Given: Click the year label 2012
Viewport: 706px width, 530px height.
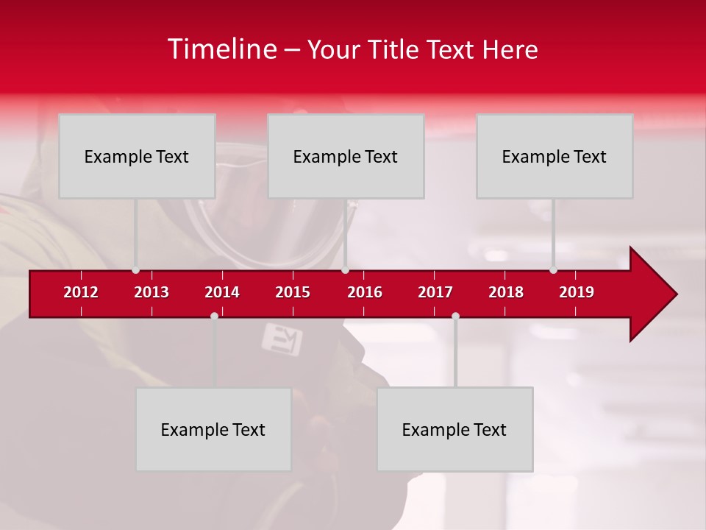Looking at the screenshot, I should (x=81, y=292).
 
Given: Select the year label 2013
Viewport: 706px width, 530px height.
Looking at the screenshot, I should (x=151, y=292).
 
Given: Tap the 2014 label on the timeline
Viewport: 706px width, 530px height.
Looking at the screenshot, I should (x=222, y=292).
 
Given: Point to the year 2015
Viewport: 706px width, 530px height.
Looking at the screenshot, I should (x=293, y=292).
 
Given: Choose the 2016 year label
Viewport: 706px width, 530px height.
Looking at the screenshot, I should (x=365, y=292).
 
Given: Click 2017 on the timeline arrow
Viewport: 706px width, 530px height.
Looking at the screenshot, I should (x=435, y=292).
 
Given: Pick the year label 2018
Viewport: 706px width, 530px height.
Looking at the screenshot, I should (x=506, y=292).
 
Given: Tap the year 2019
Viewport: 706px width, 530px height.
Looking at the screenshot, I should (x=577, y=292).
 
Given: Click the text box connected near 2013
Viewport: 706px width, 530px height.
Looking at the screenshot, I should (x=137, y=156).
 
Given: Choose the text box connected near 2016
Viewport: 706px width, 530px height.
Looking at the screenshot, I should (x=346, y=156).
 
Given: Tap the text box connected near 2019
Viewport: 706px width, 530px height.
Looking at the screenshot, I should (x=555, y=156).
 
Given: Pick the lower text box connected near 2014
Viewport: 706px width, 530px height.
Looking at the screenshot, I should (x=213, y=429).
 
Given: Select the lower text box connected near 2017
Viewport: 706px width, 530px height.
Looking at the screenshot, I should (x=454, y=429).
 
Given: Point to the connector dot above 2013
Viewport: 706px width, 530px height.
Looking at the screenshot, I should (x=135, y=270).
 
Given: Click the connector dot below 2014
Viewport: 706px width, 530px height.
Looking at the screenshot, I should (x=214, y=316).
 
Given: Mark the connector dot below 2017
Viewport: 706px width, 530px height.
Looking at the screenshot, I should (x=455, y=316).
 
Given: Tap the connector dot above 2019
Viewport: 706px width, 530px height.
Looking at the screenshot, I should (x=553, y=270).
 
